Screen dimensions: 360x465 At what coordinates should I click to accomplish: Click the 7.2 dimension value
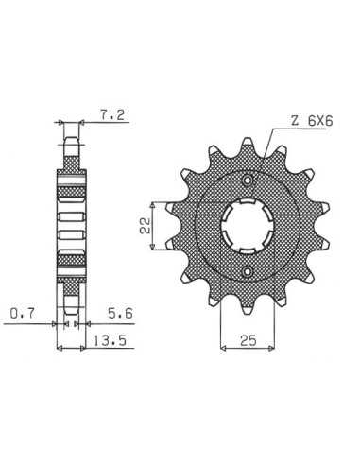[112, 115]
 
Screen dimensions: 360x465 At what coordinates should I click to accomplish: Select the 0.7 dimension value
[23, 314]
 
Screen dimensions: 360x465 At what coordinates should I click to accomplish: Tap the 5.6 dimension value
[120, 314]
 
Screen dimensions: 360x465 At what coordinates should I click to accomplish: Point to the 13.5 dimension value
[110, 340]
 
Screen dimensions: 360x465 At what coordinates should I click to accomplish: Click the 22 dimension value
[146, 226]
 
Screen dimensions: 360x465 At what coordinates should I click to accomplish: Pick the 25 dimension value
[249, 340]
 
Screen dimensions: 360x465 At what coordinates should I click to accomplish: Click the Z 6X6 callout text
[312, 121]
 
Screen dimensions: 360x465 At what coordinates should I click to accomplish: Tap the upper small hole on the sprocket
[248, 181]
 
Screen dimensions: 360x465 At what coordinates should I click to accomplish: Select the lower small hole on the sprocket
[248, 271]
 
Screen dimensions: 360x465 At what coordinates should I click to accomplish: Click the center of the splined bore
[248, 226]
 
